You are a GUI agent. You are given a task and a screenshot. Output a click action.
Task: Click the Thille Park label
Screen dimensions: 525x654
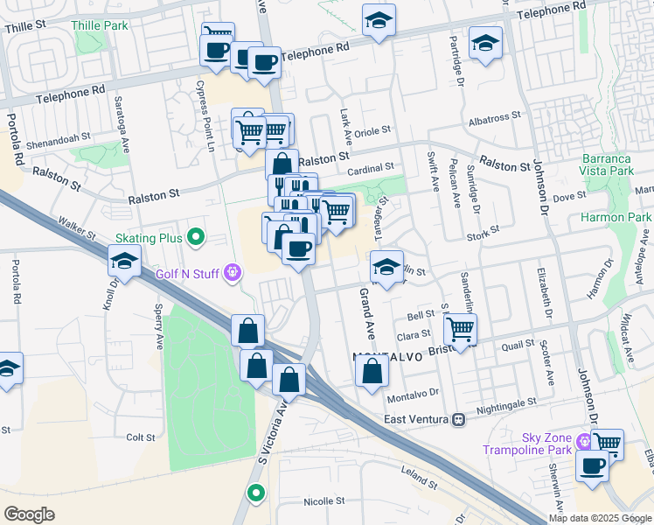point(99,26)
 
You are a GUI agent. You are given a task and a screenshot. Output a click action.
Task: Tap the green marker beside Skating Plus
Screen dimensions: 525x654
point(197,237)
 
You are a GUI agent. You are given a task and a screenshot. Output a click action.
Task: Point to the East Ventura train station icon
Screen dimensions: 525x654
point(457,420)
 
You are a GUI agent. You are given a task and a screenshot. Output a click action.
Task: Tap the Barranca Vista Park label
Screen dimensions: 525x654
point(607,165)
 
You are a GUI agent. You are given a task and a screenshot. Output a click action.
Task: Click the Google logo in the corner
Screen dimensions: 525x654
point(29,514)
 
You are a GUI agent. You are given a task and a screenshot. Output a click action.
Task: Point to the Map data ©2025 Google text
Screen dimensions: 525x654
point(599,518)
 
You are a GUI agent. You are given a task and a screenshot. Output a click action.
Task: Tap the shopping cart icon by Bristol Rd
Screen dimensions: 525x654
point(460,329)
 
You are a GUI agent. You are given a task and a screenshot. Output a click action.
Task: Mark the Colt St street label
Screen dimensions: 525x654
point(140,437)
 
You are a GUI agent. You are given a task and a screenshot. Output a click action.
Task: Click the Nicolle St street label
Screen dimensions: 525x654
point(323,502)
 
